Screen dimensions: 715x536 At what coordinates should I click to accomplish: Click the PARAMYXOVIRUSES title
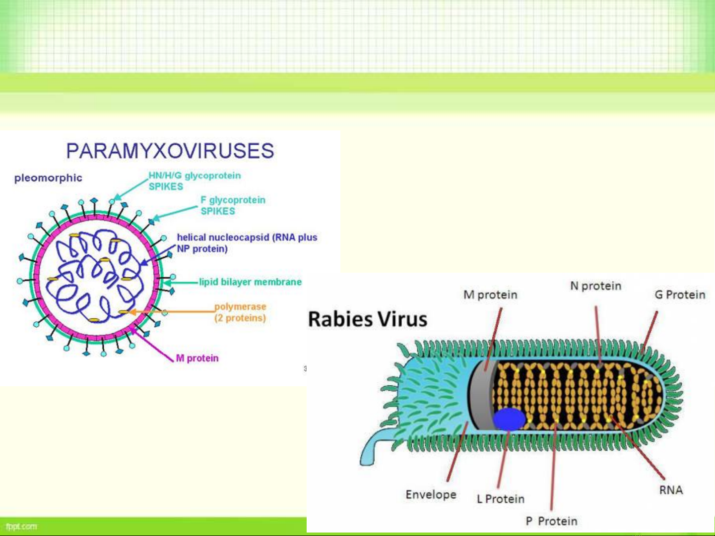(x=170, y=151)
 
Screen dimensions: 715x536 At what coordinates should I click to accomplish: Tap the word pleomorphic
(x=48, y=179)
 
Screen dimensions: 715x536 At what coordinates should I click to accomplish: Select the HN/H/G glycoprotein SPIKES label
(x=195, y=181)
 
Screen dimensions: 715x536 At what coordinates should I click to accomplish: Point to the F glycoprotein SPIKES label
(x=233, y=205)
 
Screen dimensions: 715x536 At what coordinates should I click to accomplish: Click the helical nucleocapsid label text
(x=247, y=243)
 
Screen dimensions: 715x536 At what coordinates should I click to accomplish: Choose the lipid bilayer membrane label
(x=250, y=282)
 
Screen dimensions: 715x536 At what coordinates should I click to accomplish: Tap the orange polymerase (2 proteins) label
(x=240, y=312)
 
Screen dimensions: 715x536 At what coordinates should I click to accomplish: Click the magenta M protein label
(x=197, y=358)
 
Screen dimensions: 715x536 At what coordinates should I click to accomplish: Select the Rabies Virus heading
(x=368, y=319)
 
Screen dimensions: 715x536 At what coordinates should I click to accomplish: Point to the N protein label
(x=596, y=286)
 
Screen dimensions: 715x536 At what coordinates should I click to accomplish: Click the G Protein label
(x=680, y=295)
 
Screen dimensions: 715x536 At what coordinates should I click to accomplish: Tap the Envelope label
(x=431, y=495)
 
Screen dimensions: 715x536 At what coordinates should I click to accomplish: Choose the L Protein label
(x=501, y=499)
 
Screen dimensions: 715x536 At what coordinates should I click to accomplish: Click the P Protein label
(x=551, y=521)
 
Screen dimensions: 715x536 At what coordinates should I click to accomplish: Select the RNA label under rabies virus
(x=671, y=490)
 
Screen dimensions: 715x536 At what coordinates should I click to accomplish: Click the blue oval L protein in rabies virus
(x=509, y=419)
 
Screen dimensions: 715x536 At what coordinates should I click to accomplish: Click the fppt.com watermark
(x=21, y=527)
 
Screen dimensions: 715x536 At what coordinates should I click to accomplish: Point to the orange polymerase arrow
(x=172, y=312)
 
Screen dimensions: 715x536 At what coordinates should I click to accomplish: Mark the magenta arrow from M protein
(x=152, y=344)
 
